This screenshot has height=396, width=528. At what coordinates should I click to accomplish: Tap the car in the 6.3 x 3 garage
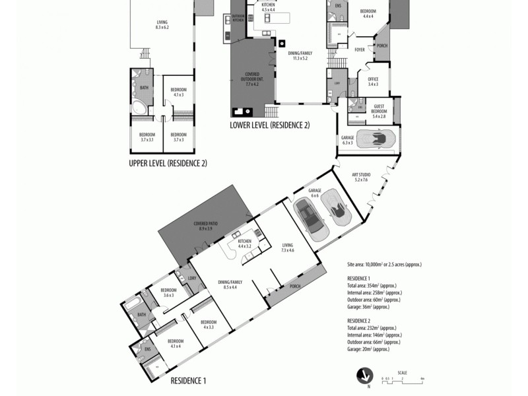tap(381, 139)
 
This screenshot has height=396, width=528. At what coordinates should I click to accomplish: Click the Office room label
tap(373, 81)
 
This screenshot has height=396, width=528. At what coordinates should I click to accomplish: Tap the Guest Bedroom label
tap(379, 108)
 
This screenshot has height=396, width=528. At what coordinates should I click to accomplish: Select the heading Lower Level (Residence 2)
tap(269, 125)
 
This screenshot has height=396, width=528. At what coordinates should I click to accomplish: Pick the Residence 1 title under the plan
tap(189, 381)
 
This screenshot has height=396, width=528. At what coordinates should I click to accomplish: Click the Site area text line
tap(383, 264)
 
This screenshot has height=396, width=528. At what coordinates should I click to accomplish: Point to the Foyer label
tap(360, 49)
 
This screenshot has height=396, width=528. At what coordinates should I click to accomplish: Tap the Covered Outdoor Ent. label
tap(252, 79)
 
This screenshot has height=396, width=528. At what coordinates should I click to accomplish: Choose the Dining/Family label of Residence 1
tap(230, 284)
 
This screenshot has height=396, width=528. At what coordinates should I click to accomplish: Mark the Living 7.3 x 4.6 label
tap(287, 247)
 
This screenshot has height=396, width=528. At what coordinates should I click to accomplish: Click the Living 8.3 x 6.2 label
tap(162, 24)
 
